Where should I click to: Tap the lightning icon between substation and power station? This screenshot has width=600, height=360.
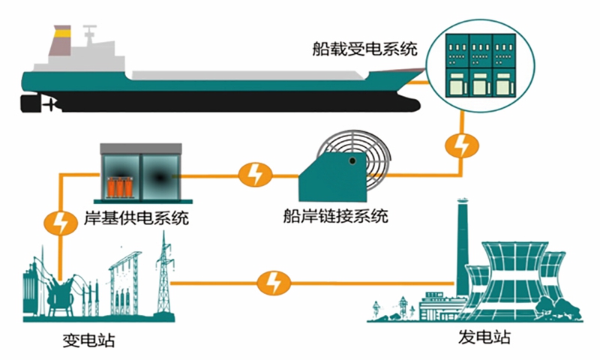tap(271, 283)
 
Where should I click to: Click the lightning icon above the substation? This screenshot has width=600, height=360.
tap(58, 222)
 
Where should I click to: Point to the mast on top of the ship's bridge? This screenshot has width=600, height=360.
tap(91, 34)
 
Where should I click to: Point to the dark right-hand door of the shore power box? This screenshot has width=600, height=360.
tap(159, 176)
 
